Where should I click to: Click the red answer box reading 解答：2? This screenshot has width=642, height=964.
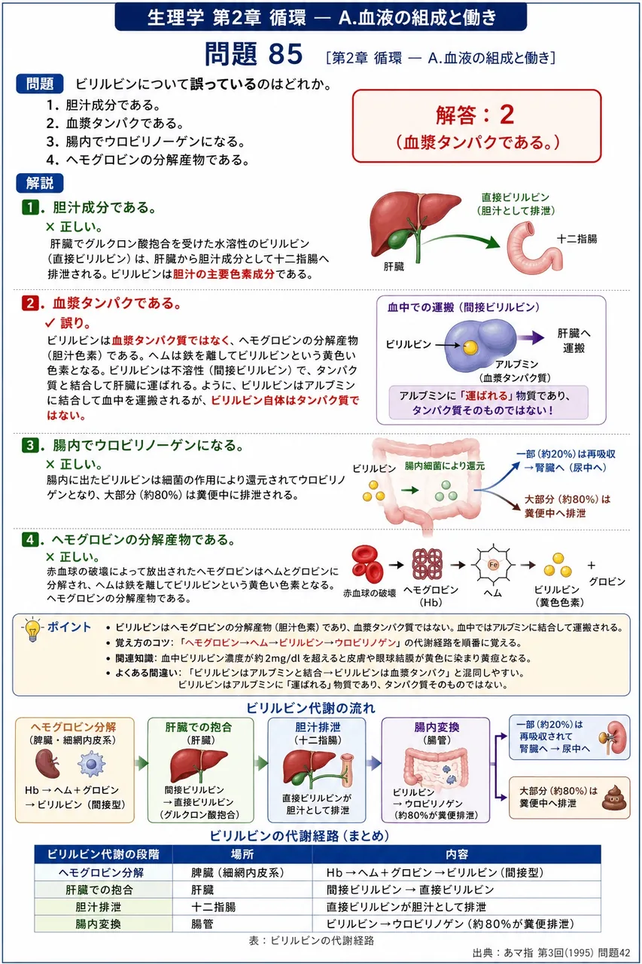[476, 126]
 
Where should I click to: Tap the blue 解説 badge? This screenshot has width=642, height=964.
[40, 183]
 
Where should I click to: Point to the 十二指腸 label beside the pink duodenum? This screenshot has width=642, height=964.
[577, 239]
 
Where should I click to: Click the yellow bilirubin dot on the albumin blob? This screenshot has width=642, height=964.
[470, 347]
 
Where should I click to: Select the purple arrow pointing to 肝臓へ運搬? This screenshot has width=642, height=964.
[531, 337]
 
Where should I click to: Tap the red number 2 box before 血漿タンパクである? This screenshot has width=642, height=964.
[29, 303]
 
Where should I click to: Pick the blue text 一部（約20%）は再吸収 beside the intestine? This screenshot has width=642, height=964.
[565, 454]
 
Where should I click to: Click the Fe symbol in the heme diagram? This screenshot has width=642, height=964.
[493, 565]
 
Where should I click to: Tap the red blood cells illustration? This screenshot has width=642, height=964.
[367, 564]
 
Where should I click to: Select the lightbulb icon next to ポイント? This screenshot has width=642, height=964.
[32, 630]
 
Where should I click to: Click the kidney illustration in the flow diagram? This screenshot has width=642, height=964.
[615, 738]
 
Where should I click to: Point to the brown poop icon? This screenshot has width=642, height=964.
[614, 797]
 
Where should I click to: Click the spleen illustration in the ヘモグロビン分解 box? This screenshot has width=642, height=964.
[47, 764]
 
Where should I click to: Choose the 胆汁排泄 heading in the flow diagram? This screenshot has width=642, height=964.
[318, 727]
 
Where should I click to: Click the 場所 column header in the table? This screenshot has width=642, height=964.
[242, 854]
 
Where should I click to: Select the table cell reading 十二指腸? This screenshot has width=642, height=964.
[214, 908]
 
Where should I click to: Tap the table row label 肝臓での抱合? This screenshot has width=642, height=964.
[99, 890]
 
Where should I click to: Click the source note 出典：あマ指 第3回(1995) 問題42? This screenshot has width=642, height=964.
[551, 953]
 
